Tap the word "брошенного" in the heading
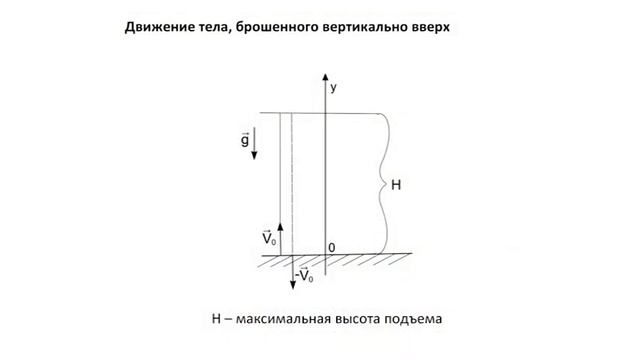[x=280, y=27]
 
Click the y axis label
[x=334, y=88]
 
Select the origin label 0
[x=333, y=247]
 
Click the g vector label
[x=245, y=139]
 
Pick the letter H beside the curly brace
[x=396, y=185]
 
